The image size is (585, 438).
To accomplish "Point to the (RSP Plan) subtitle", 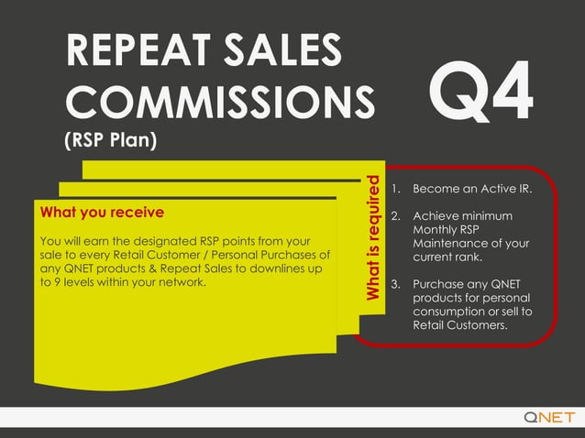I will click(x=111, y=142).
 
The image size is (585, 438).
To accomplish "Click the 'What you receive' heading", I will click(x=102, y=213).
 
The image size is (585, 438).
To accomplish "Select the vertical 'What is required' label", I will click(x=373, y=237).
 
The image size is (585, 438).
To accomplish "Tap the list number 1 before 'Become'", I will click(x=395, y=190).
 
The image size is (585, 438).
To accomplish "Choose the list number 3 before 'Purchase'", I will click(x=395, y=284).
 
